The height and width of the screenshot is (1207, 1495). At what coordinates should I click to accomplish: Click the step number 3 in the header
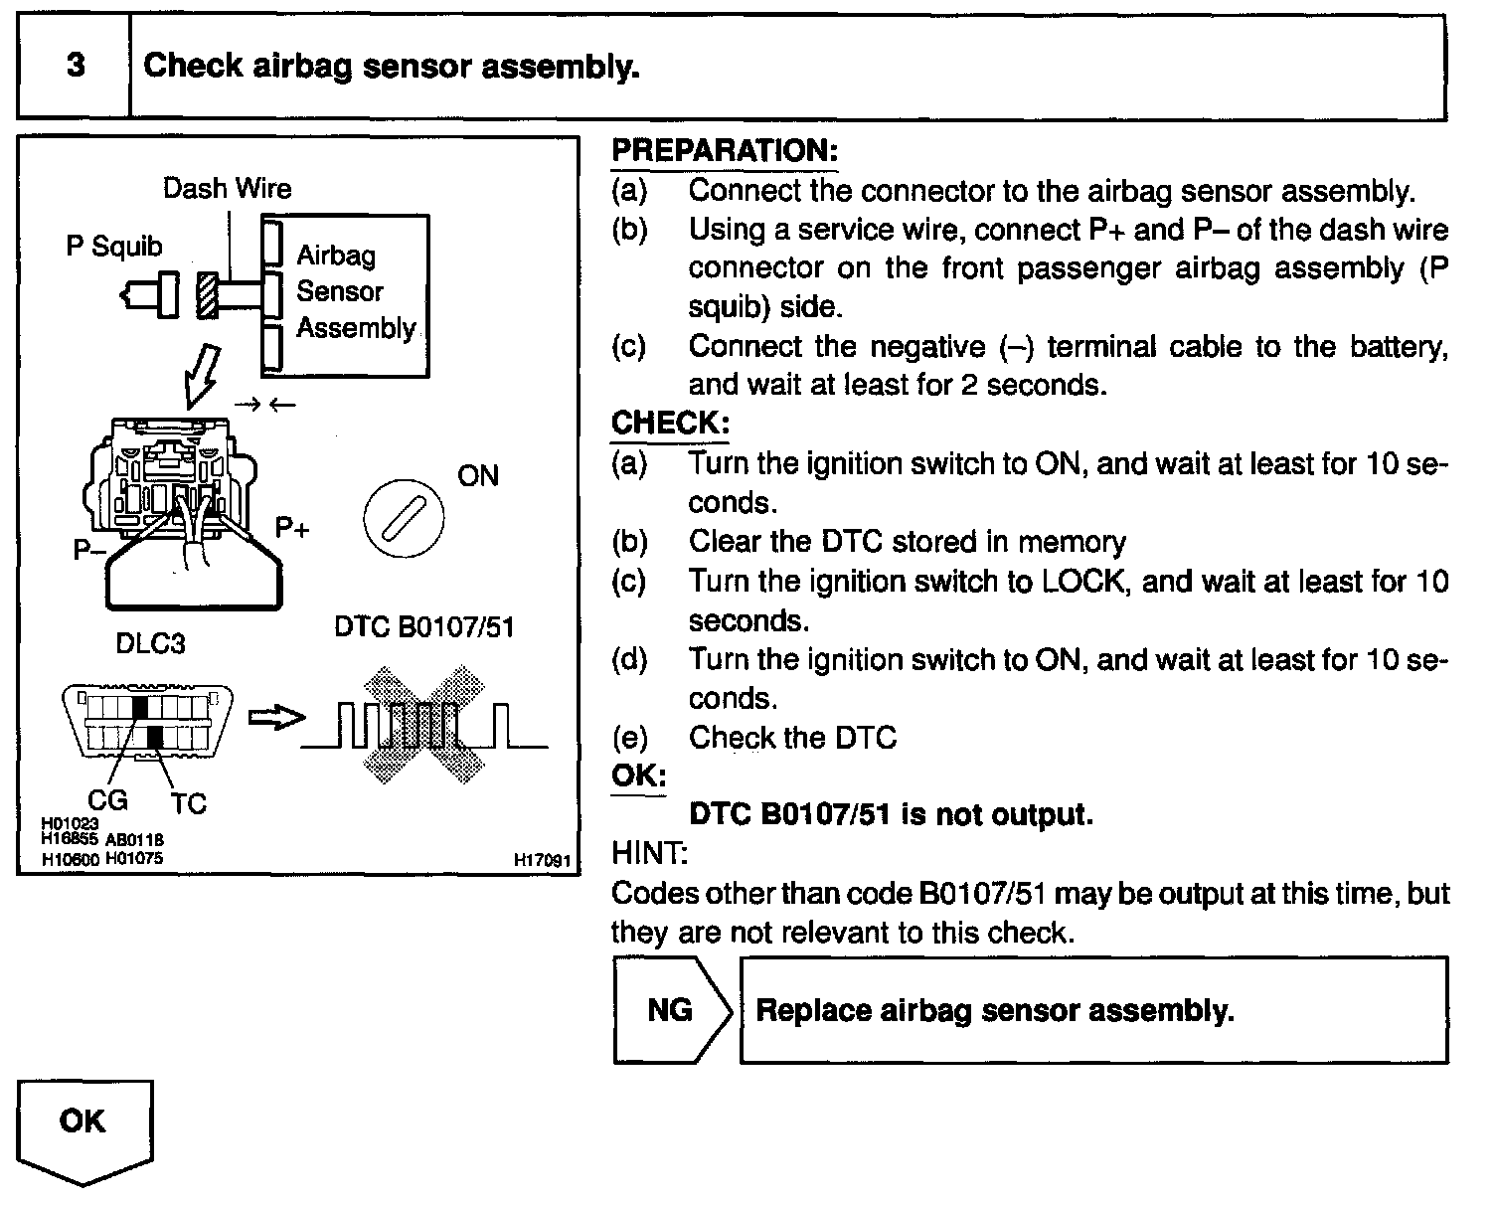pyautogui.click(x=76, y=67)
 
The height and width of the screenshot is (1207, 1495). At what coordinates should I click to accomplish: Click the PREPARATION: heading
pyautogui.click(x=724, y=151)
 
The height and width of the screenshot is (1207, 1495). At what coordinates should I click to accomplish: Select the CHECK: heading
pyautogui.click(x=670, y=423)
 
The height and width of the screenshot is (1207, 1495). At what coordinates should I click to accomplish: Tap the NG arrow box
pyautogui.click(x=672, y=1010)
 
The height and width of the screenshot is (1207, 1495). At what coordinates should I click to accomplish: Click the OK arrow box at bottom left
pyautogui.click(x=84, y=1128)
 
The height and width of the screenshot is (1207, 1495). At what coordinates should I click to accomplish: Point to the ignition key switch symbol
pyautogui.click(x=404, y=520)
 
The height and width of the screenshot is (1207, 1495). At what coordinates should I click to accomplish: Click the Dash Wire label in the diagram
pyautogui.click(x=227, y=188)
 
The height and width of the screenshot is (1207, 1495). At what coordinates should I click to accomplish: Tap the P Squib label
pyautogui.click(x=113, y=246)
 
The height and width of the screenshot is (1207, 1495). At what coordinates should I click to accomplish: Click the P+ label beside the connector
pyautogui.click(x=292, y=528)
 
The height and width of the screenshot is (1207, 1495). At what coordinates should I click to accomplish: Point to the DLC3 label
pyautogui.click(x=150, y=643)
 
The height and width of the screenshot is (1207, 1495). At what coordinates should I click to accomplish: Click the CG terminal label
pyautogui.click(x=107, y=798)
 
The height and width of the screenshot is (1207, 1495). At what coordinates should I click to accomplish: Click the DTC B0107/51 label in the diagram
pyautogui.click(x=423, y=627)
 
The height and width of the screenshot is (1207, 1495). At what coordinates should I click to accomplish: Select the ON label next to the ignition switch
pyautogui.click(x=477, y=476)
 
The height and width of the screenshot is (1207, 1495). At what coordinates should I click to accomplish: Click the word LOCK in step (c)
pyautogui.click(x=1083, y=581)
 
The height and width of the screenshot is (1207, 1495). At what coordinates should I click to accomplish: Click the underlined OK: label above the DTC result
pyautogui.click(x=638, y=776)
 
